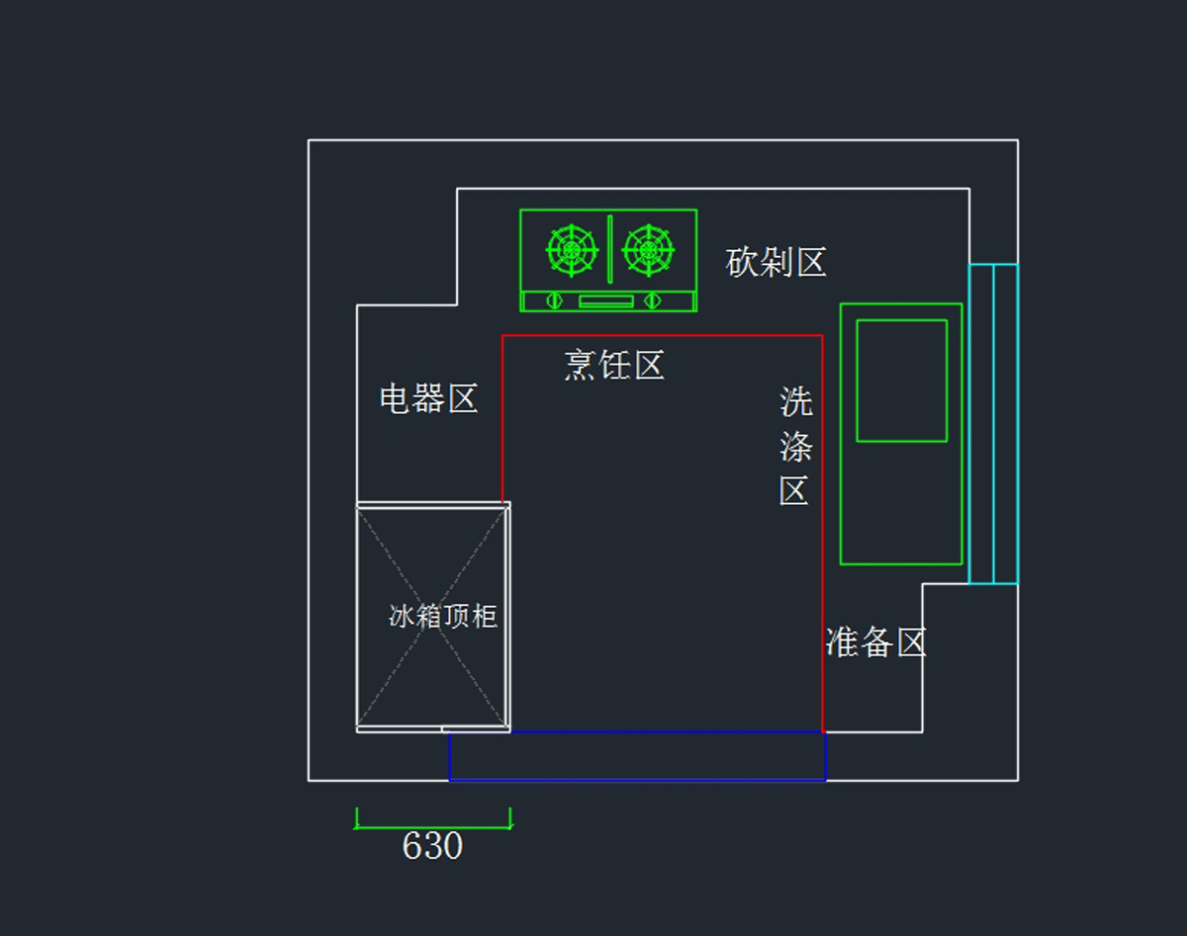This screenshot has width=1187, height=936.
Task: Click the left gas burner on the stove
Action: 572,250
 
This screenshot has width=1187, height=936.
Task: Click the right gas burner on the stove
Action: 649,250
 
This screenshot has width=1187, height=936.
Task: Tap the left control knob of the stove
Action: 554,299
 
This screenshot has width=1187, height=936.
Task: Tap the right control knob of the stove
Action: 652,299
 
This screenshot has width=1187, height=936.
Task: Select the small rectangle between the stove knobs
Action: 605,300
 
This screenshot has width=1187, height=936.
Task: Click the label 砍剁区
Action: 776,263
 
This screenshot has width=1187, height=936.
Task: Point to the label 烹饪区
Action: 613,366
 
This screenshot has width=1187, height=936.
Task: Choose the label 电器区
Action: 428,399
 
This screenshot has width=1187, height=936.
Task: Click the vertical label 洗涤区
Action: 795,447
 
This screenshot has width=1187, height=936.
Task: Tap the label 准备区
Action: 875,642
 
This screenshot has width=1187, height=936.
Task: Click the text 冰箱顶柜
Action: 442,617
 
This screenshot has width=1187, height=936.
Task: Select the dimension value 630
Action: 432,846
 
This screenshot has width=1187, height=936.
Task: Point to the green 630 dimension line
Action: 432,827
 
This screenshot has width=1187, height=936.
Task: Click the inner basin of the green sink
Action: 901,381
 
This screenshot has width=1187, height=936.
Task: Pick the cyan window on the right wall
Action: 993,423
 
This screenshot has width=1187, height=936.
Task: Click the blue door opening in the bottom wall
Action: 637,756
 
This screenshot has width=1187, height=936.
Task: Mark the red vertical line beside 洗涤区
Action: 822,553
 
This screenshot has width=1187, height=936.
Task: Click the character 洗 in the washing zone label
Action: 795,401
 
